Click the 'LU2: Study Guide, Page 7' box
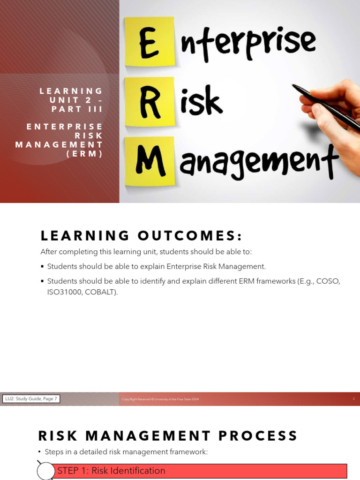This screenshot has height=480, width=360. pyautogui.click(x=31, y=399)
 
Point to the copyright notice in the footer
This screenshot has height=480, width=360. pyautogui.click(x=160, y=399)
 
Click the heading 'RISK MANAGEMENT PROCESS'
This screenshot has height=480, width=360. pyautogui.click(x=168, y=436)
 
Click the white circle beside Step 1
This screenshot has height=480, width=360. pyautogui.click(x=46, y=471)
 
